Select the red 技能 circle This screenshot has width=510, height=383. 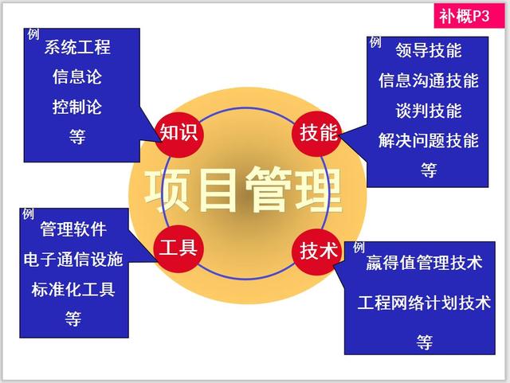point(319,132)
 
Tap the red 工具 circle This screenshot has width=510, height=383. point(178,247)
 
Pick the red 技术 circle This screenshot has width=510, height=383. point(319,250)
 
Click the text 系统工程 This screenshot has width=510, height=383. point(77,47)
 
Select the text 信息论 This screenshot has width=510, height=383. point(77,77)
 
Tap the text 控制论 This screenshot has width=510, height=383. point(77,107)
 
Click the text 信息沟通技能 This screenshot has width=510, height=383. point(429,80)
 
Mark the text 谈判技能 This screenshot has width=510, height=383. point(429,110)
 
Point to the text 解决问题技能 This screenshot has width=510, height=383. point(429,140)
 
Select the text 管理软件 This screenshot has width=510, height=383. point(73,230)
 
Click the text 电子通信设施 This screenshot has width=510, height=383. point(73,260)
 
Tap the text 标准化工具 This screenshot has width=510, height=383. point(73,289)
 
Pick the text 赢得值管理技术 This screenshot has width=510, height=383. point(424,263)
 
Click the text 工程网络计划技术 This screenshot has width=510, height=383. point(424,303)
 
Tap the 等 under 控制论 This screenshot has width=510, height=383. point(77,136)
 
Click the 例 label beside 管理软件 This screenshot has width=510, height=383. point(28,214)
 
